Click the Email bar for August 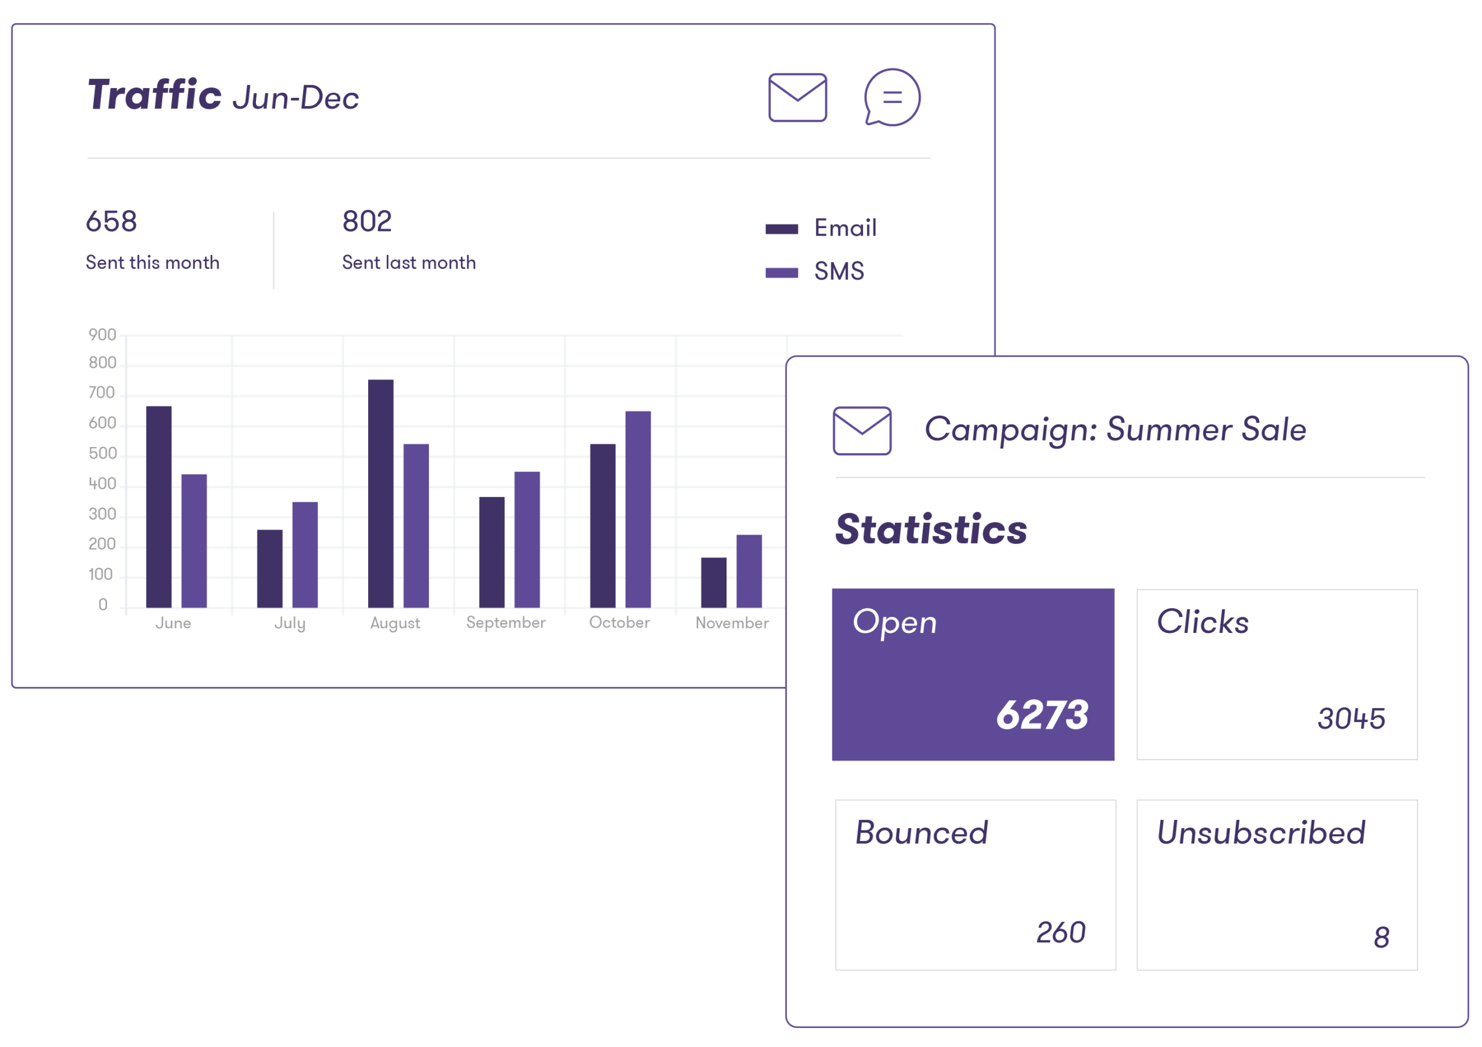(380, 493)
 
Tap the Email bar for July (270, 568)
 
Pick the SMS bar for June (193, 540)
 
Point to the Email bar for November (713, 582)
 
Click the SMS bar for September (527, 539)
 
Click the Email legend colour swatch (782, 229)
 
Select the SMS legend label (838, 272)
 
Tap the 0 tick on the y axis (102, 605)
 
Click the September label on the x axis (505, 623)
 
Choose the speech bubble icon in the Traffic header (892, 97)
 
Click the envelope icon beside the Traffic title (797, 97)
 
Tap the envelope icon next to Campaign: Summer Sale (862, 430)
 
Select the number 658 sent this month (111, 221)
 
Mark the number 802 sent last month (366, 221)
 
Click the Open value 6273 (1042, 715)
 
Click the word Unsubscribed (1261, 833)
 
